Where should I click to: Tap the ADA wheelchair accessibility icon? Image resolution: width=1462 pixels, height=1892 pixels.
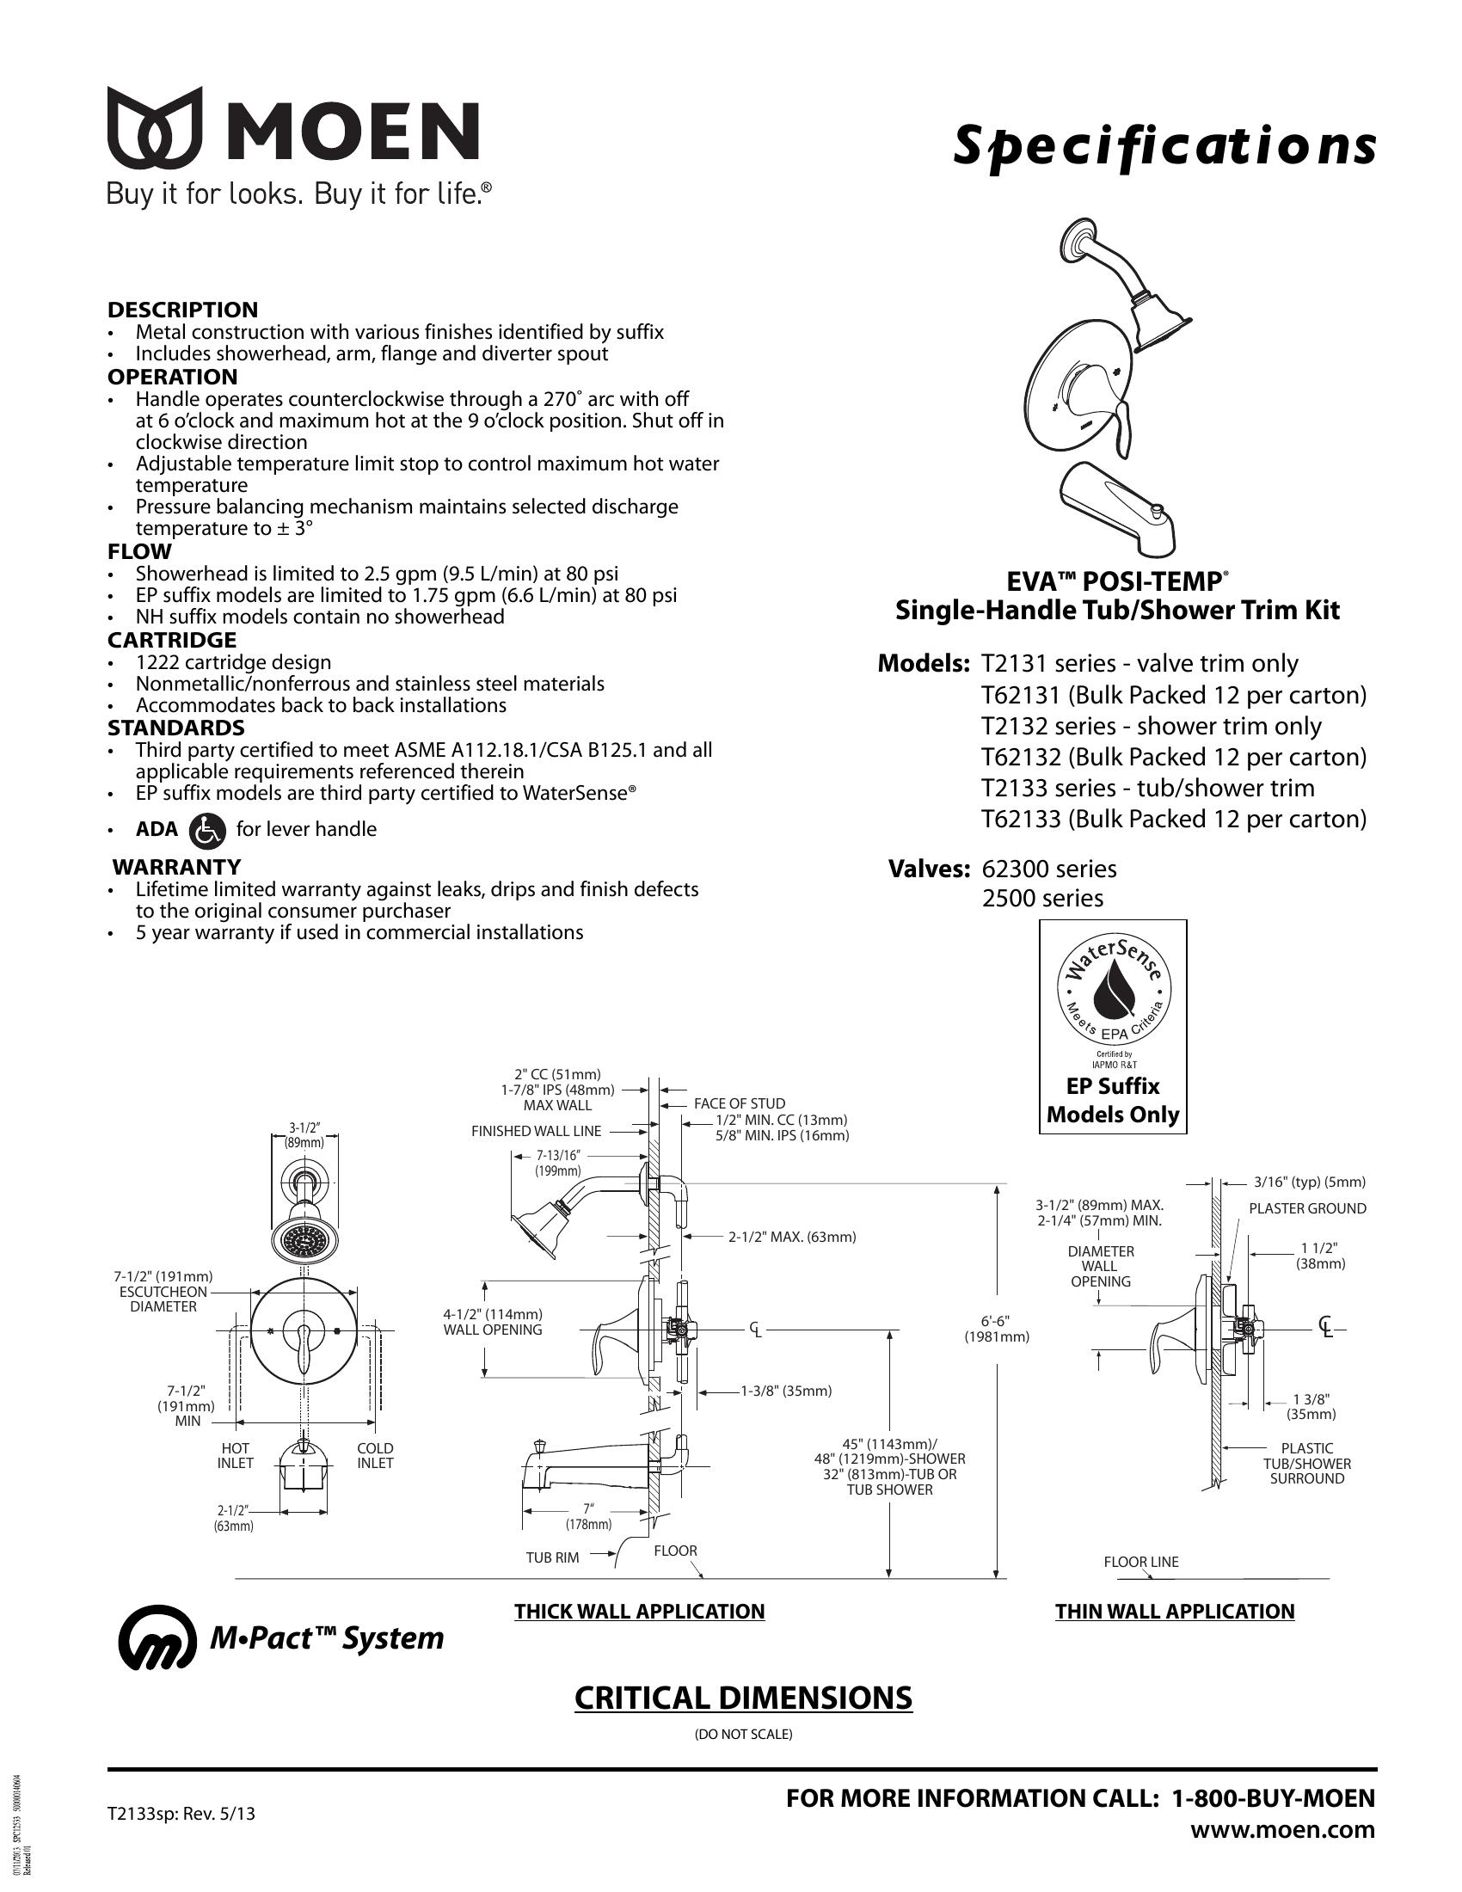(206, 829)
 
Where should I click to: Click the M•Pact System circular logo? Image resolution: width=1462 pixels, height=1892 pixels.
(156, 1637)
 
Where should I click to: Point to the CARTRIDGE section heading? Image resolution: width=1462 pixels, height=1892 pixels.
(171, 640)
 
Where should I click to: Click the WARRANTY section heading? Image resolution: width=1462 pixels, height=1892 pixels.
(176, 866)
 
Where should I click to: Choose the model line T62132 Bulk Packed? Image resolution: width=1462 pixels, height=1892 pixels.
(1173, 757)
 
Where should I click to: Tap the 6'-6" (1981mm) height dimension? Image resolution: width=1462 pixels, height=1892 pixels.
(997, 1329)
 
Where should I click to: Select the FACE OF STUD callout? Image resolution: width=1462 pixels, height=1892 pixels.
(739, 1103)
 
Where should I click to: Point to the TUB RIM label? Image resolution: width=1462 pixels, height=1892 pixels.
(552, 1557)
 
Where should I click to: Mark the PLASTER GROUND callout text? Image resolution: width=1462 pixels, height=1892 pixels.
(1307, 1208)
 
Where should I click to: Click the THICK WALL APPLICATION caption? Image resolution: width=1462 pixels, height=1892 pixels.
(639, 1612)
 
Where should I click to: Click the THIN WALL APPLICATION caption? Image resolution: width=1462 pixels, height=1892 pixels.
(1174, 1612)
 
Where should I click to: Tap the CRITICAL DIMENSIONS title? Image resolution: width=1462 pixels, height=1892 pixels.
(743, 1698)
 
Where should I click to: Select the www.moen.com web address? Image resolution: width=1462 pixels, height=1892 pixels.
(1282, 1829)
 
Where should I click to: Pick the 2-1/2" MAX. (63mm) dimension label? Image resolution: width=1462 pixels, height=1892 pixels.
(791, 1237)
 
